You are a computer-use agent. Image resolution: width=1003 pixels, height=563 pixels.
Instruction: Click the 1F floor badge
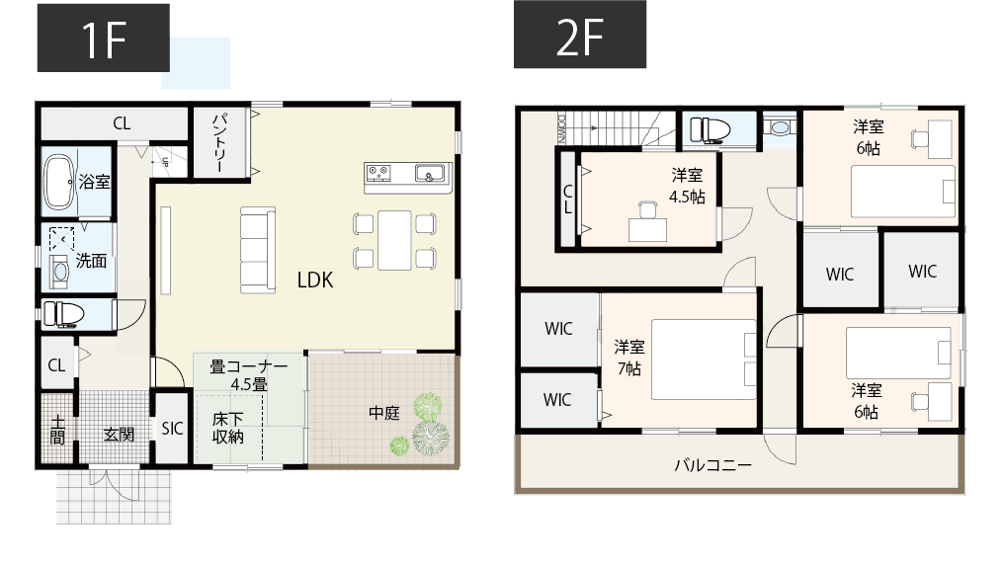pyautogui.click(x=103, y=38)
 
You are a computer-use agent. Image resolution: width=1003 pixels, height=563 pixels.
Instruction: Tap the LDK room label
pyautogui.click(x=315, y=280)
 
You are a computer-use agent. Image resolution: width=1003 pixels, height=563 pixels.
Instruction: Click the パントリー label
pyautogui.click(x=219, y=144)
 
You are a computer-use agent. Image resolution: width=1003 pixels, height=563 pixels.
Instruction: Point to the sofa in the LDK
pyautogui.click(x=258, y=249)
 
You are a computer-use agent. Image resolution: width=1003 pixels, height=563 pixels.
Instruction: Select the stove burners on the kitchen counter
pyautogui.click(x=378, y=174)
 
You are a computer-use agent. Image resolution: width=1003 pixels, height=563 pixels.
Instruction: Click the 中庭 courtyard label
pyautogui.click(x=384, y=413)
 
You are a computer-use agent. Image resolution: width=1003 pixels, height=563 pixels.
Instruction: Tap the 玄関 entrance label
pyautogui.click(x=119, y=434)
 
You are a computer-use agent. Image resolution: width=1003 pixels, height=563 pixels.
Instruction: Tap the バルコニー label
pyautogui.click(x=713, y=464)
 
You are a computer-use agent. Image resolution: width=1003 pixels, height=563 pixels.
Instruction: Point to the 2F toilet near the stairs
pyautogui.click(x=708, y=129)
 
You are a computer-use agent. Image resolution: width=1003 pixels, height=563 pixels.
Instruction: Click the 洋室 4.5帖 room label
pyautogui.click(x=687, y=186)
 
